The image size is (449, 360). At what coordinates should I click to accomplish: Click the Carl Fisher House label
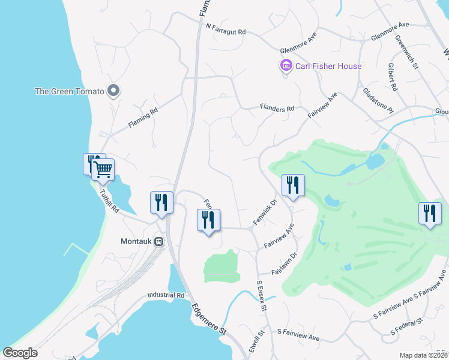click(328, 66)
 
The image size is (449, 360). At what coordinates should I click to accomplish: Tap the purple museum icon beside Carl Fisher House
click(286, 65)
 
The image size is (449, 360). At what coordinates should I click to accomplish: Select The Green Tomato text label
click(69, 91)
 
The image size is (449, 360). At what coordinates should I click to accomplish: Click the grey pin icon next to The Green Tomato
click(113, 91)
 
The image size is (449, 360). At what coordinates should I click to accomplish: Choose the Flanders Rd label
click(277, 109)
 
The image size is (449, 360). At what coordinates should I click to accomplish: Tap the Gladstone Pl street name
click(378, 101)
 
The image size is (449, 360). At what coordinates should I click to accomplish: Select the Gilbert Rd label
click(393, 77)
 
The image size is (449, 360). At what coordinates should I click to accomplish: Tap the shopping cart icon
click(103, 170)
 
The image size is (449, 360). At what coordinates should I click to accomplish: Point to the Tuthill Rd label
click(109, 203)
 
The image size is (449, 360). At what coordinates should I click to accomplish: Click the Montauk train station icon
click(158, 241)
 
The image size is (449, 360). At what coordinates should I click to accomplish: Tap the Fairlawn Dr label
click(285, 263)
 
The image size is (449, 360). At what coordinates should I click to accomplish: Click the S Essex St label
click(261, 296)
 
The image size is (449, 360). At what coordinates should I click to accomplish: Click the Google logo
click(20, 353)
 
